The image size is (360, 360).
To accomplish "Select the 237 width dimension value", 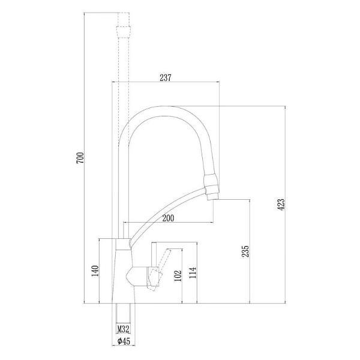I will tap(166, 77).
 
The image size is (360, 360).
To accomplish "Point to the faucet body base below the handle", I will tap(122, 291).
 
